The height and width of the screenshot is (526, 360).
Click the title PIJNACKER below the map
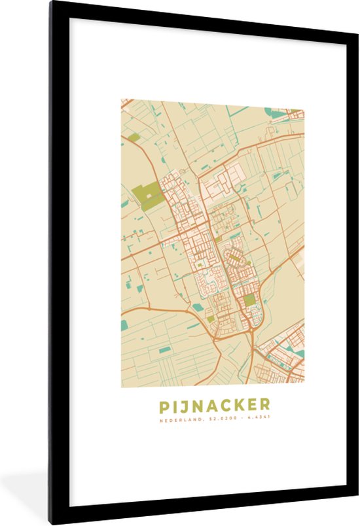point(214,406)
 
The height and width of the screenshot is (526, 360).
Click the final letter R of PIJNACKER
point(264,406)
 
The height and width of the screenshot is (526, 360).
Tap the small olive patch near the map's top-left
point(135,137)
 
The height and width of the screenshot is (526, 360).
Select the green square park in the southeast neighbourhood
point(249,301)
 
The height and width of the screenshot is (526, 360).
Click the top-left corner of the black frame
point(50,3)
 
